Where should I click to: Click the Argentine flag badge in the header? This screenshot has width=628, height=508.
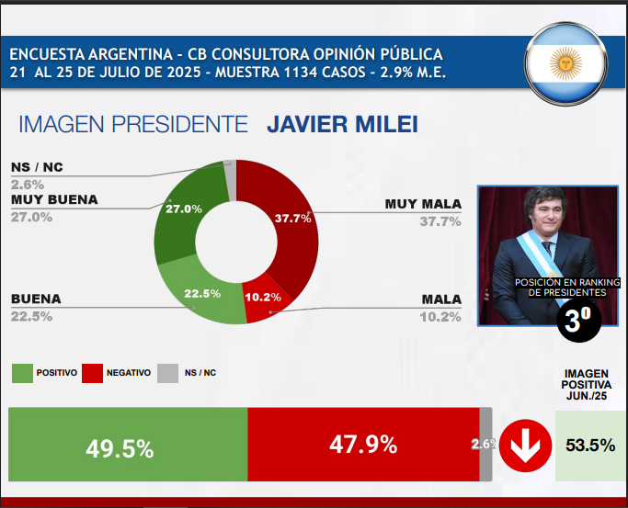coord(565,63)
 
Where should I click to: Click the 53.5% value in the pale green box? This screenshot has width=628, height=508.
coord(589,445)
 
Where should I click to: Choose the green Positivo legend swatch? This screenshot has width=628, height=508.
coord(22,373)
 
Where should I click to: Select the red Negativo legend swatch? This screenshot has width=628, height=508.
coord(92,373)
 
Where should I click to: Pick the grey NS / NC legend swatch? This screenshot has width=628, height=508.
coord(167,373)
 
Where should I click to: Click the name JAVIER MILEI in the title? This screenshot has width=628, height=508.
coord(341,124)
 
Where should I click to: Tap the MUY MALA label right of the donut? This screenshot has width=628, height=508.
coord(423,203)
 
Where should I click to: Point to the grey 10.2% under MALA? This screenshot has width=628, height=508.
coord(440,317)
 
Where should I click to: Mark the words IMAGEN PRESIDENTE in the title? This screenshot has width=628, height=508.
coord(133,124)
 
